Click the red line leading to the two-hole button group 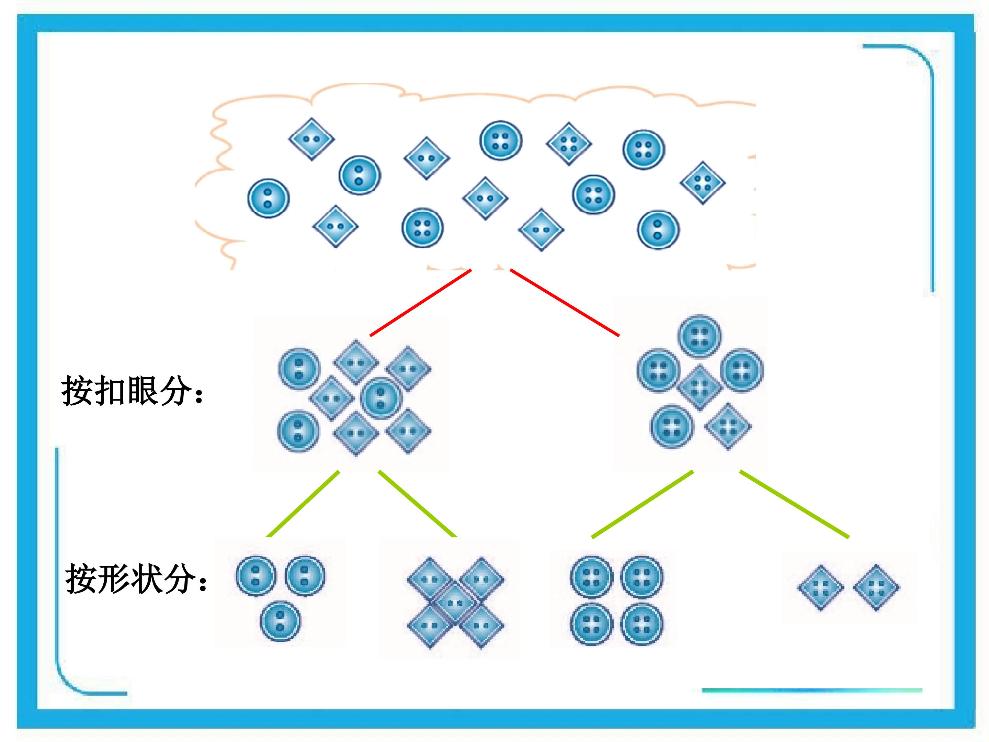(421, 302)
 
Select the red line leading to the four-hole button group (565, 302)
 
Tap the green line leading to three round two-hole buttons (303, 504)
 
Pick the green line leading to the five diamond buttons (418, 504)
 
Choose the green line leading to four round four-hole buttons (643, 504)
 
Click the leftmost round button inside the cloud (268, 198)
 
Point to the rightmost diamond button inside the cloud (702, 182)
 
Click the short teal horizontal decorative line (812, 690)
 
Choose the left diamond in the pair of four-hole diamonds (820, 588)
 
